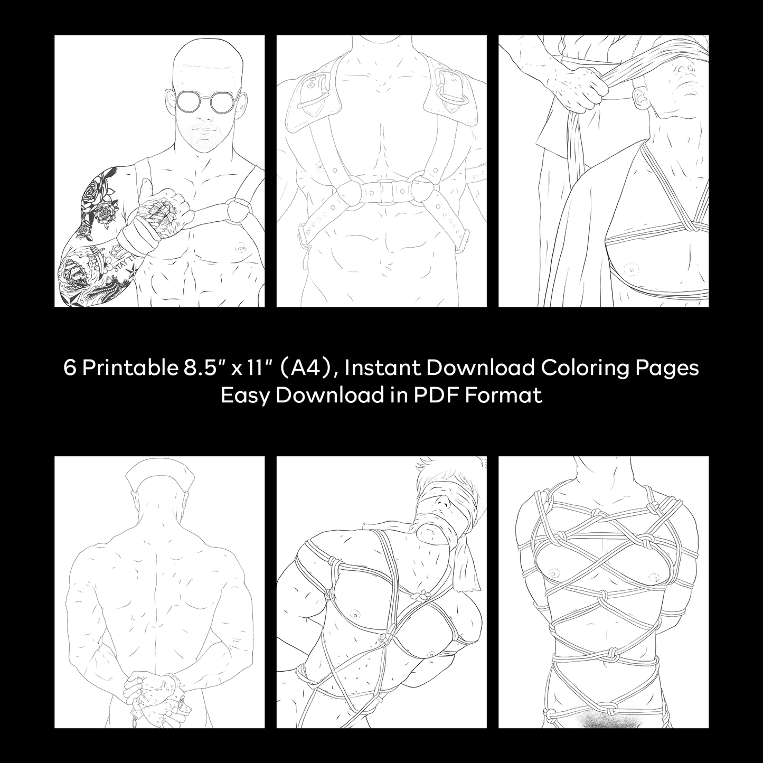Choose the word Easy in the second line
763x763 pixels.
pos(245,395)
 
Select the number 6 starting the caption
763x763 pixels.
pos(69,368)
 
